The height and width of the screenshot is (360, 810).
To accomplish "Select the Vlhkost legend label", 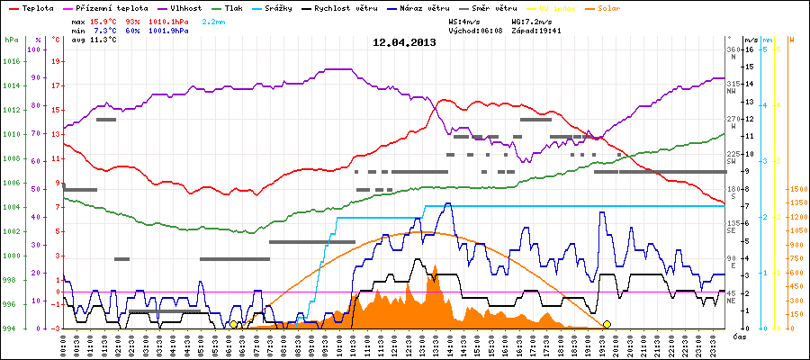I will [177, 8].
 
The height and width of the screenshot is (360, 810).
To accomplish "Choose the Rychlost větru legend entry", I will [352, 8].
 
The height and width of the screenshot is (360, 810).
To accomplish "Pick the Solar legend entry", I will [597, 8].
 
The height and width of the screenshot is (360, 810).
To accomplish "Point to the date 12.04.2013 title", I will [405, 42].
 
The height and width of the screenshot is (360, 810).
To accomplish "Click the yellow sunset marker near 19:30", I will [607, 324].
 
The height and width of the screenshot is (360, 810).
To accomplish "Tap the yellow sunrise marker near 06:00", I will [233, 324].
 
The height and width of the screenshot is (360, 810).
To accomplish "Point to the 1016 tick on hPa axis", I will [11, 62].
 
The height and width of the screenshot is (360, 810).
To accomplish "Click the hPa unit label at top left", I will [11, 40].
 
